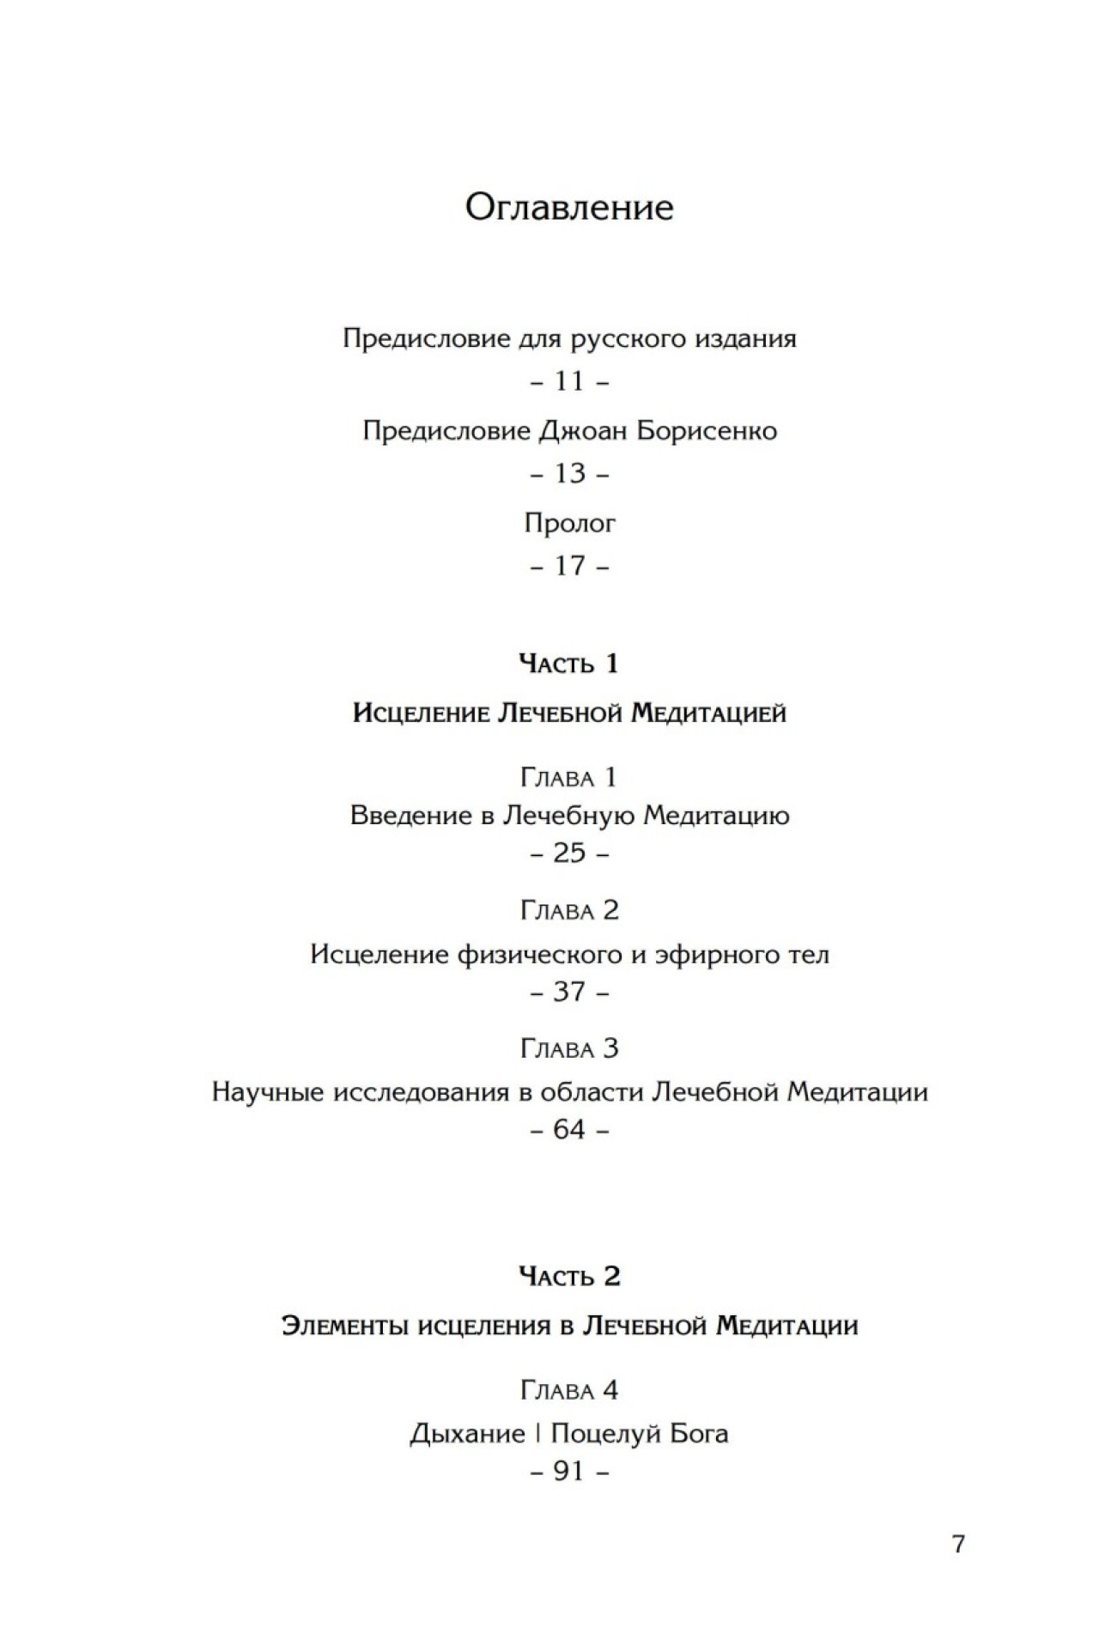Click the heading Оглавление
pyautogui.click(x=569, y=208)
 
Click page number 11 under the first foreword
pyautogui.click(x=569, y=381)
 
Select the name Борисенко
pyautogui.click(x=706, y=430)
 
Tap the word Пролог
pyautogui.click(x=569, y=524)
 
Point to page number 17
pyautogui.click(x=569, y=566)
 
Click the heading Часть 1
pyautogui.click(x=569, y=664)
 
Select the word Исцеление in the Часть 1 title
pyautogui.click(x=421, y=713)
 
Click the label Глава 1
pyautogui.click(x=569, y=778)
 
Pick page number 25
pyautogui.click(x=569, y=853)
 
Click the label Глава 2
pyautogui.click(x=569, y=910)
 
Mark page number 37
pyautogui.click(x=569, y=993)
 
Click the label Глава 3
pyautogui.click(x=569, y=1049)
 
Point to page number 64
pyautogui.click(x=569, y=1130)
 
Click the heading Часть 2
pyautogui.click(x=569, y=1277)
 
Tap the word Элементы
pyautogui.click(x=345, y=1326)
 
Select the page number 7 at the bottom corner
pyautogui.click(x=959, y=1544)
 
